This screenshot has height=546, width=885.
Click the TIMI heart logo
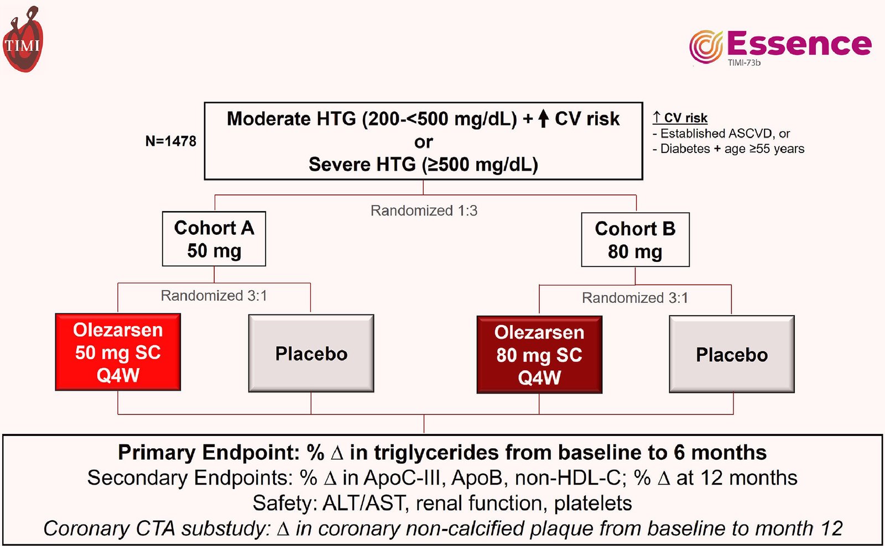point(23,39)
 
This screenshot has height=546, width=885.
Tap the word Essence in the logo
point(799,44)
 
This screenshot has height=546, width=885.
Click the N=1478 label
point(171,141)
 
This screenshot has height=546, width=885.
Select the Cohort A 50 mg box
point(214,239)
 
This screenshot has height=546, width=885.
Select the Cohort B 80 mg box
point(636,240)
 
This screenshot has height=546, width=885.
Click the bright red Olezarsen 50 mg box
point(118,352)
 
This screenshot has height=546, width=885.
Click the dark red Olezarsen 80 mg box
point(540,355)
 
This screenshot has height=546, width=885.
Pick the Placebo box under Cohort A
point(311,353)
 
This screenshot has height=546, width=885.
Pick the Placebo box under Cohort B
point(732,354)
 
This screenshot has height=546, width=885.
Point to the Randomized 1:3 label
point(424,211)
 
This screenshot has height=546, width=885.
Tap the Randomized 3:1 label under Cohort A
point(214,296)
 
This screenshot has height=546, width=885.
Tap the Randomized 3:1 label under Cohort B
point(635,298)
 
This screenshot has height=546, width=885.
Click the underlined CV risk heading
point(680,118)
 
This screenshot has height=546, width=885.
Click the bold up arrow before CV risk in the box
point(544,118)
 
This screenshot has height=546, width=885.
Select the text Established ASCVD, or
point(725,133)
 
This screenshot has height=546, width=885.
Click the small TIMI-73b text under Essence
point(744,63)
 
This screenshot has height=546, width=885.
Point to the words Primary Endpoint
point(209,453)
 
